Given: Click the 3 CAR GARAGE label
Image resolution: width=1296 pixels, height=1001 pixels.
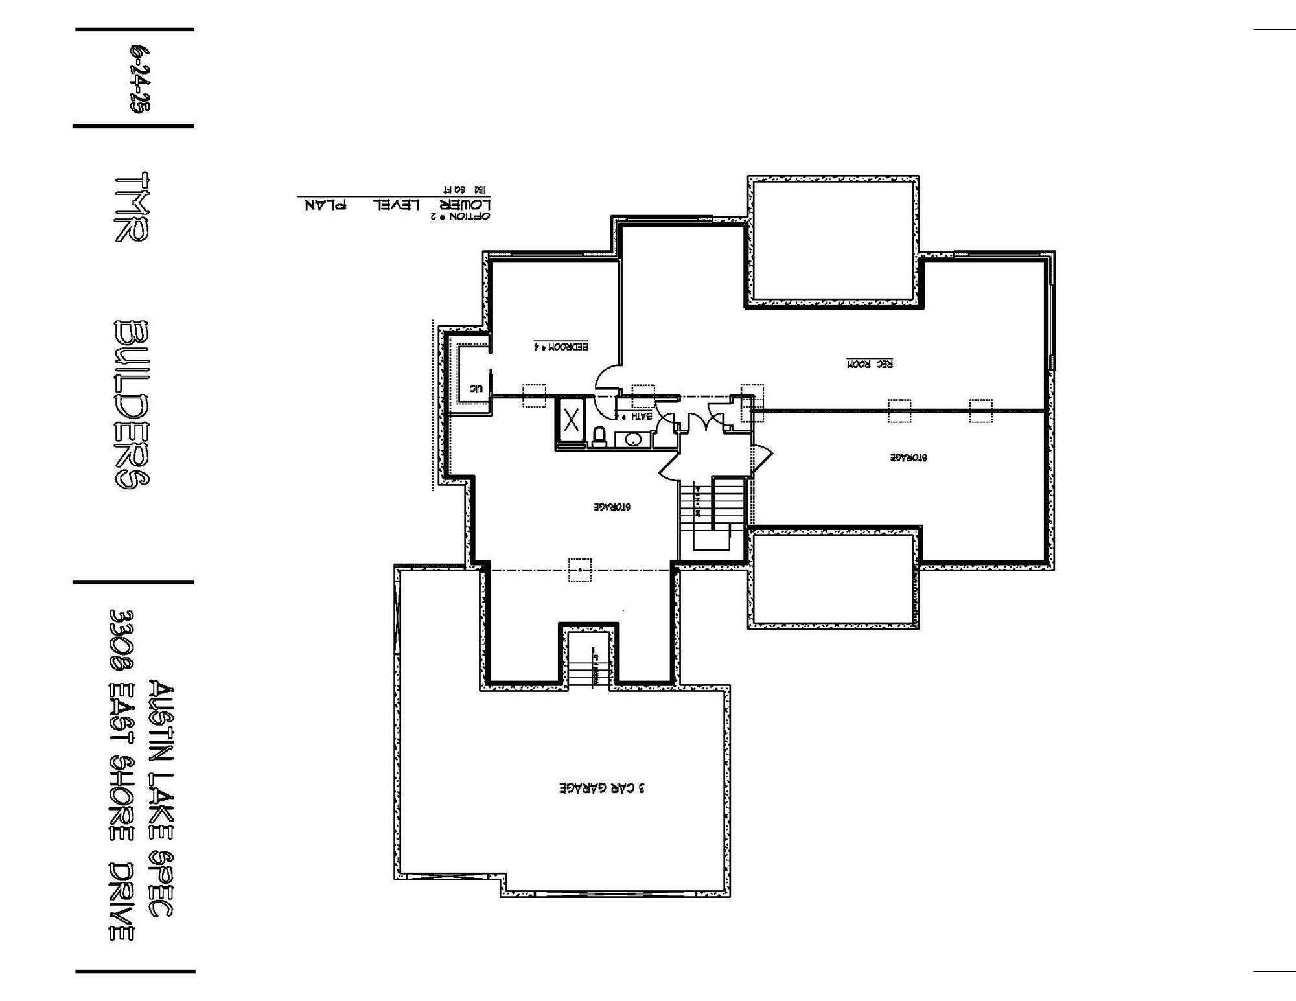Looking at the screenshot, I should pos(602,788).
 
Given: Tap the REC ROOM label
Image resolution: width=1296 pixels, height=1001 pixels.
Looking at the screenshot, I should pos(870,364).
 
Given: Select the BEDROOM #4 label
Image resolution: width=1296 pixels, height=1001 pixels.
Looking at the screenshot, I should pos(561,346).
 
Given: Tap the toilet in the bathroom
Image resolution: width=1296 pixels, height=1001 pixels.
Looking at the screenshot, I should pos(599,437).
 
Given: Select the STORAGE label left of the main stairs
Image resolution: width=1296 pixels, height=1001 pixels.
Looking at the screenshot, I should pos(612,507).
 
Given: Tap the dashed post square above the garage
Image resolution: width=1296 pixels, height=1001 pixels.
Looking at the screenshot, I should pos(579,570).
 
